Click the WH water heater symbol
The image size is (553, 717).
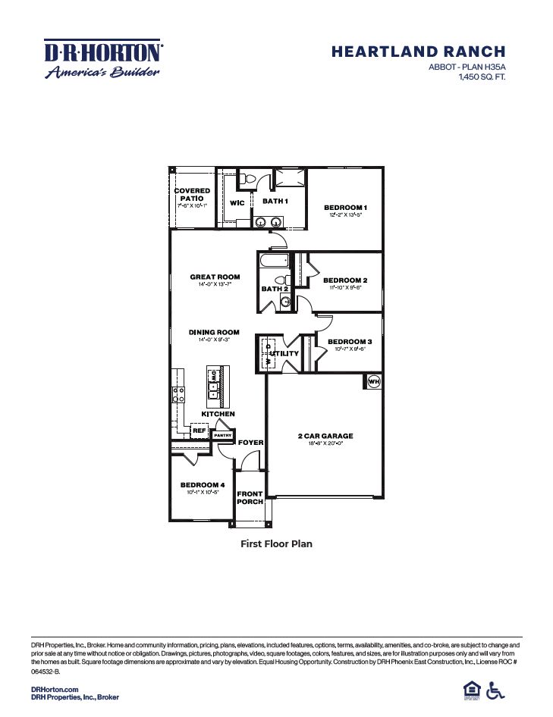click(373, 382)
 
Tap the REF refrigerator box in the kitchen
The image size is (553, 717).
click(199, 431)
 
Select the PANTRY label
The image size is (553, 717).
click(222, 435)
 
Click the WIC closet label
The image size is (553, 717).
click(237, 202)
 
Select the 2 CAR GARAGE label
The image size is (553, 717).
click(325, 436)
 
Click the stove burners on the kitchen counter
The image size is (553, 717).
click(179, 393)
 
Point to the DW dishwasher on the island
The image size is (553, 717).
click(215, 375)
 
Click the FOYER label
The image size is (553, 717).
click(250, 442)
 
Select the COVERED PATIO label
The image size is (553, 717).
click(192, 195)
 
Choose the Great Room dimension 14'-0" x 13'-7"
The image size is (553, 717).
click(215, 285)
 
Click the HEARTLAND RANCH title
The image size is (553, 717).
click(418, 52)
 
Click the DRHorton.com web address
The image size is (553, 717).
click(55, 689)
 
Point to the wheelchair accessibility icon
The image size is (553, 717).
click(495, 690)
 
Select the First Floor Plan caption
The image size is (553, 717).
click(276, 543)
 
